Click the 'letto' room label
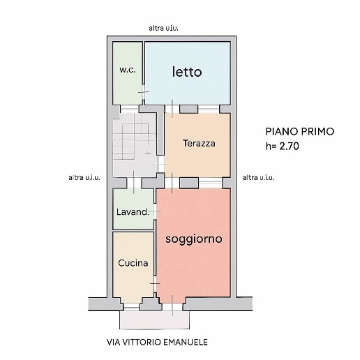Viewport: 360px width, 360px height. pyautogui.click(x=187, y=72)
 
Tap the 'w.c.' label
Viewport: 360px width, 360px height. pyautogui.click(x=126, y=69)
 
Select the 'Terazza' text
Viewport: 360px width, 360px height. pyautogui.click(x=199, y=144)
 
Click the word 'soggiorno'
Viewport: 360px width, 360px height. pyautogui.click(x=194, y=239)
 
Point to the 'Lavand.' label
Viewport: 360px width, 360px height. pyautogui.click(x=132, y=212)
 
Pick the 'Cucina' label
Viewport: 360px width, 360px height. pyautogui.click(x=133, y=263)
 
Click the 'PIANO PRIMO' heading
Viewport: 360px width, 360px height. pyautogui.click(x=300, y=130)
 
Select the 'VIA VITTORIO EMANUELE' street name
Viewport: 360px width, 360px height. pyautogui.click(x=157, y=343)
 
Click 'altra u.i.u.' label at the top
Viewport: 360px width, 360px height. pyautogui.click(x=169, y=28)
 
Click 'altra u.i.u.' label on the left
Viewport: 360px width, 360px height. pyautogui.click(x=84, y=178)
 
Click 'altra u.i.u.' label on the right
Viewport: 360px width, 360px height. pyautogui.click(x=258, y=178)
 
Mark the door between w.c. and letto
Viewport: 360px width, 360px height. pyautogui.click(x=143, y=93)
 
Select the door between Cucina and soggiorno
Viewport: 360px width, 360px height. pyautogui.click(x=156, y=283)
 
